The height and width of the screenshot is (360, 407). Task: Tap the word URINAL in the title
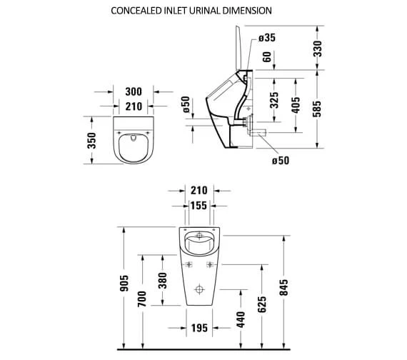tap(205, 11)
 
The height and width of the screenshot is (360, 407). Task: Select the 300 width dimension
tap(134, 91)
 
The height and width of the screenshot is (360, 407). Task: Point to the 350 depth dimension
tap(91, 141)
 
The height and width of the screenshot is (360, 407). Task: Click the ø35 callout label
tap(267, 38)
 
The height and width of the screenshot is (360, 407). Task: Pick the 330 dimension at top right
tap(318, 49)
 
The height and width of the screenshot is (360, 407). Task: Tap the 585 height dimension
tap(317, 109)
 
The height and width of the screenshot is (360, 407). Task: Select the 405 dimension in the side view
tap(296, 105)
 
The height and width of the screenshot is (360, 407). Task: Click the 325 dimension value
tap(274, 100)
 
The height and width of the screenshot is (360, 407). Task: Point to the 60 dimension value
tap(267, 57)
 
